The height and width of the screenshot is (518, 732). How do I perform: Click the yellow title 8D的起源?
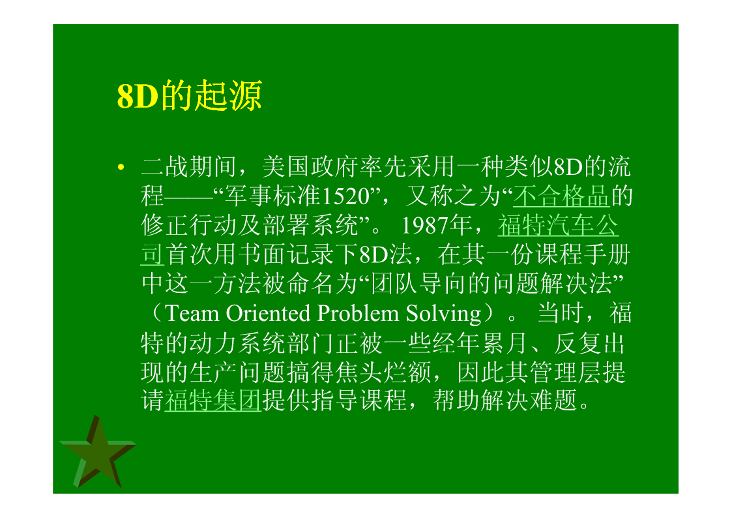189,96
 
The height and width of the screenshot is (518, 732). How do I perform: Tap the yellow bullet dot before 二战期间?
121,167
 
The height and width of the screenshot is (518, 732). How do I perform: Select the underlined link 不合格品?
562,196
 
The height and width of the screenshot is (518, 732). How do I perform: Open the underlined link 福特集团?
213,401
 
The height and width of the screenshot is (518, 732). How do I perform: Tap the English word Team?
192,313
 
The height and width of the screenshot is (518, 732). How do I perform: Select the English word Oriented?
268,313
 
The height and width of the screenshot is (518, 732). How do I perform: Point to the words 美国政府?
310,167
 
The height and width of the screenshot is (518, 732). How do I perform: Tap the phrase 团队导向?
419,284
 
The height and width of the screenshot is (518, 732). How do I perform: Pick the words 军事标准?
274,196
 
